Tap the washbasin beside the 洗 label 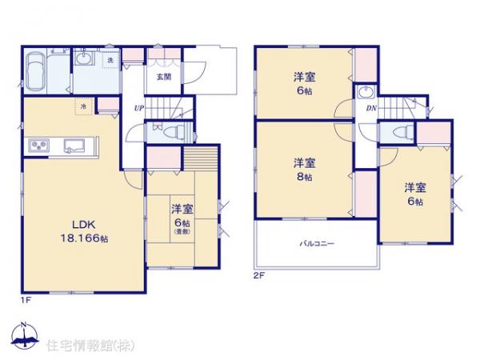coord(85,58)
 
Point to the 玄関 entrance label coord(162,77)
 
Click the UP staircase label coord(139,107)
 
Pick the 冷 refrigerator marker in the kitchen coord(82,106)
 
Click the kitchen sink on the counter coord(74,146)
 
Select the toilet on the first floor coord(177,133)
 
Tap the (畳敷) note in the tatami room coord(181,233)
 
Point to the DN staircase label coord(370,107)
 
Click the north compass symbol coord(25,336)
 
